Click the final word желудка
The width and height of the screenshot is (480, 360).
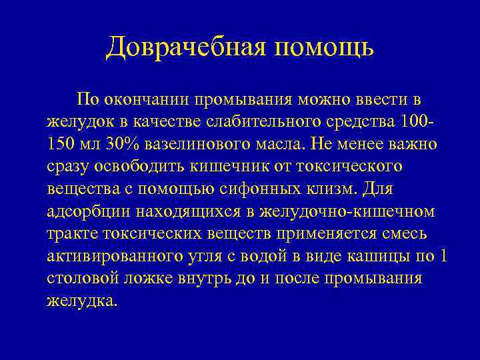[x=81, y=301]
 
